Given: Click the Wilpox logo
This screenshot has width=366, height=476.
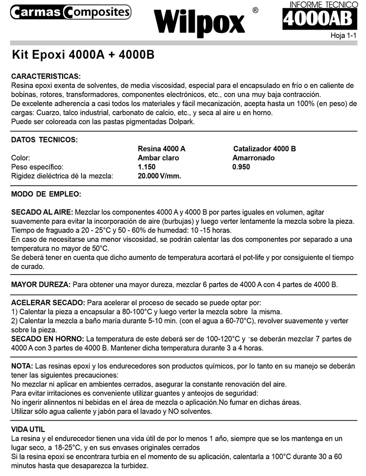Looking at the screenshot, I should [x=199, y=22].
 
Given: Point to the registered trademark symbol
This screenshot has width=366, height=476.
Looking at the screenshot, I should [x=255, y=10].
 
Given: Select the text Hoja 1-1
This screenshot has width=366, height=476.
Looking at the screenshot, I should [x=343, y=36].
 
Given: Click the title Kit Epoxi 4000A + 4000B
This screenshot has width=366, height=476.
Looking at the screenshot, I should [x=83, y=54].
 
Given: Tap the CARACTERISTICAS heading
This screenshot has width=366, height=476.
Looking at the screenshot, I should [x=45, y=77].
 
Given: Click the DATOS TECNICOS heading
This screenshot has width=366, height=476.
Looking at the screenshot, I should [x=44, y=140].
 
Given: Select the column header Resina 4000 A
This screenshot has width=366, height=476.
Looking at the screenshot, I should [x=162, y=149].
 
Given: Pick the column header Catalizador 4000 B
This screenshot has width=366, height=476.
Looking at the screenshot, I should [x=264, y=149].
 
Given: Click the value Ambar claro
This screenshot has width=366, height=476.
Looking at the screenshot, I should [x=158, y=158].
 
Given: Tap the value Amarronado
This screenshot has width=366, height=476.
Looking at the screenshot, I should [x=254, y=158].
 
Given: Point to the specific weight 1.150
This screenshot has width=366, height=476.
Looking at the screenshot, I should [x=146, y=167].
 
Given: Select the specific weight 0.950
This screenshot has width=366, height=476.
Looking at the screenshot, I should [x=241, y=167].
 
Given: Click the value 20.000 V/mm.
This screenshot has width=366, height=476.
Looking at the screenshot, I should [x=159, y=176].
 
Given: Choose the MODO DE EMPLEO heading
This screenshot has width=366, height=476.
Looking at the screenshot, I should [x=46, y=194].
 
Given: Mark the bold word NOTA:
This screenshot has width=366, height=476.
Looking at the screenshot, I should [x=22, y=366].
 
